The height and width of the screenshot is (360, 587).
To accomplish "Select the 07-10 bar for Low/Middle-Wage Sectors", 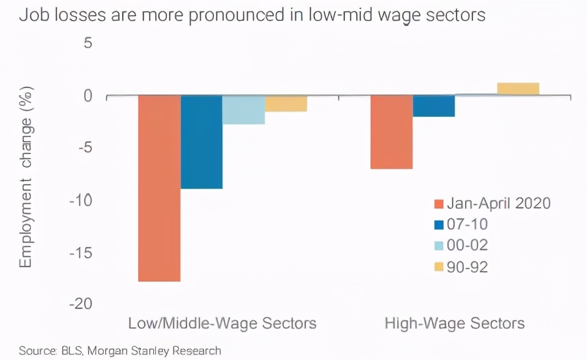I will pyautogui.click(x=202, y=142).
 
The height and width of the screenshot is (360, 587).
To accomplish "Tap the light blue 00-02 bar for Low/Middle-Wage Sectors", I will pyautogui.click(x=243, y=110).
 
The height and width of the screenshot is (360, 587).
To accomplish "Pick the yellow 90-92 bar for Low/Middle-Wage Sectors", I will pyautogui.click(x=286, y=104).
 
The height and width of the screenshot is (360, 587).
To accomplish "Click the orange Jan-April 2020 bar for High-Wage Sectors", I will pyautogui.click(x=391, y=132).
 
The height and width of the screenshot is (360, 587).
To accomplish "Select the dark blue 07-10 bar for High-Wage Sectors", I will pyautogui.click(x=434, y=106).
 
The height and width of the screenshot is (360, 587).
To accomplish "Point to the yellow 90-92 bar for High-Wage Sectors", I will pyautogui.click(x=518, y=89).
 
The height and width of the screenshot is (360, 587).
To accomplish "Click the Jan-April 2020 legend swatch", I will pyautogui.click(x=438, y=203).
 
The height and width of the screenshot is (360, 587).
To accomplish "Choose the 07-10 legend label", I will pyautogui.click(x=467, y=224).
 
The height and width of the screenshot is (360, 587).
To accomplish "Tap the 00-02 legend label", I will pyautogui.click(x=468, y=245).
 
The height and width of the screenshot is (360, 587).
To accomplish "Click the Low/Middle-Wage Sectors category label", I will pyautogui.click(x=222, y=323).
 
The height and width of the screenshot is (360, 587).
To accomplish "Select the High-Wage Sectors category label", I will pyautogui.click(x=455, y=323).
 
